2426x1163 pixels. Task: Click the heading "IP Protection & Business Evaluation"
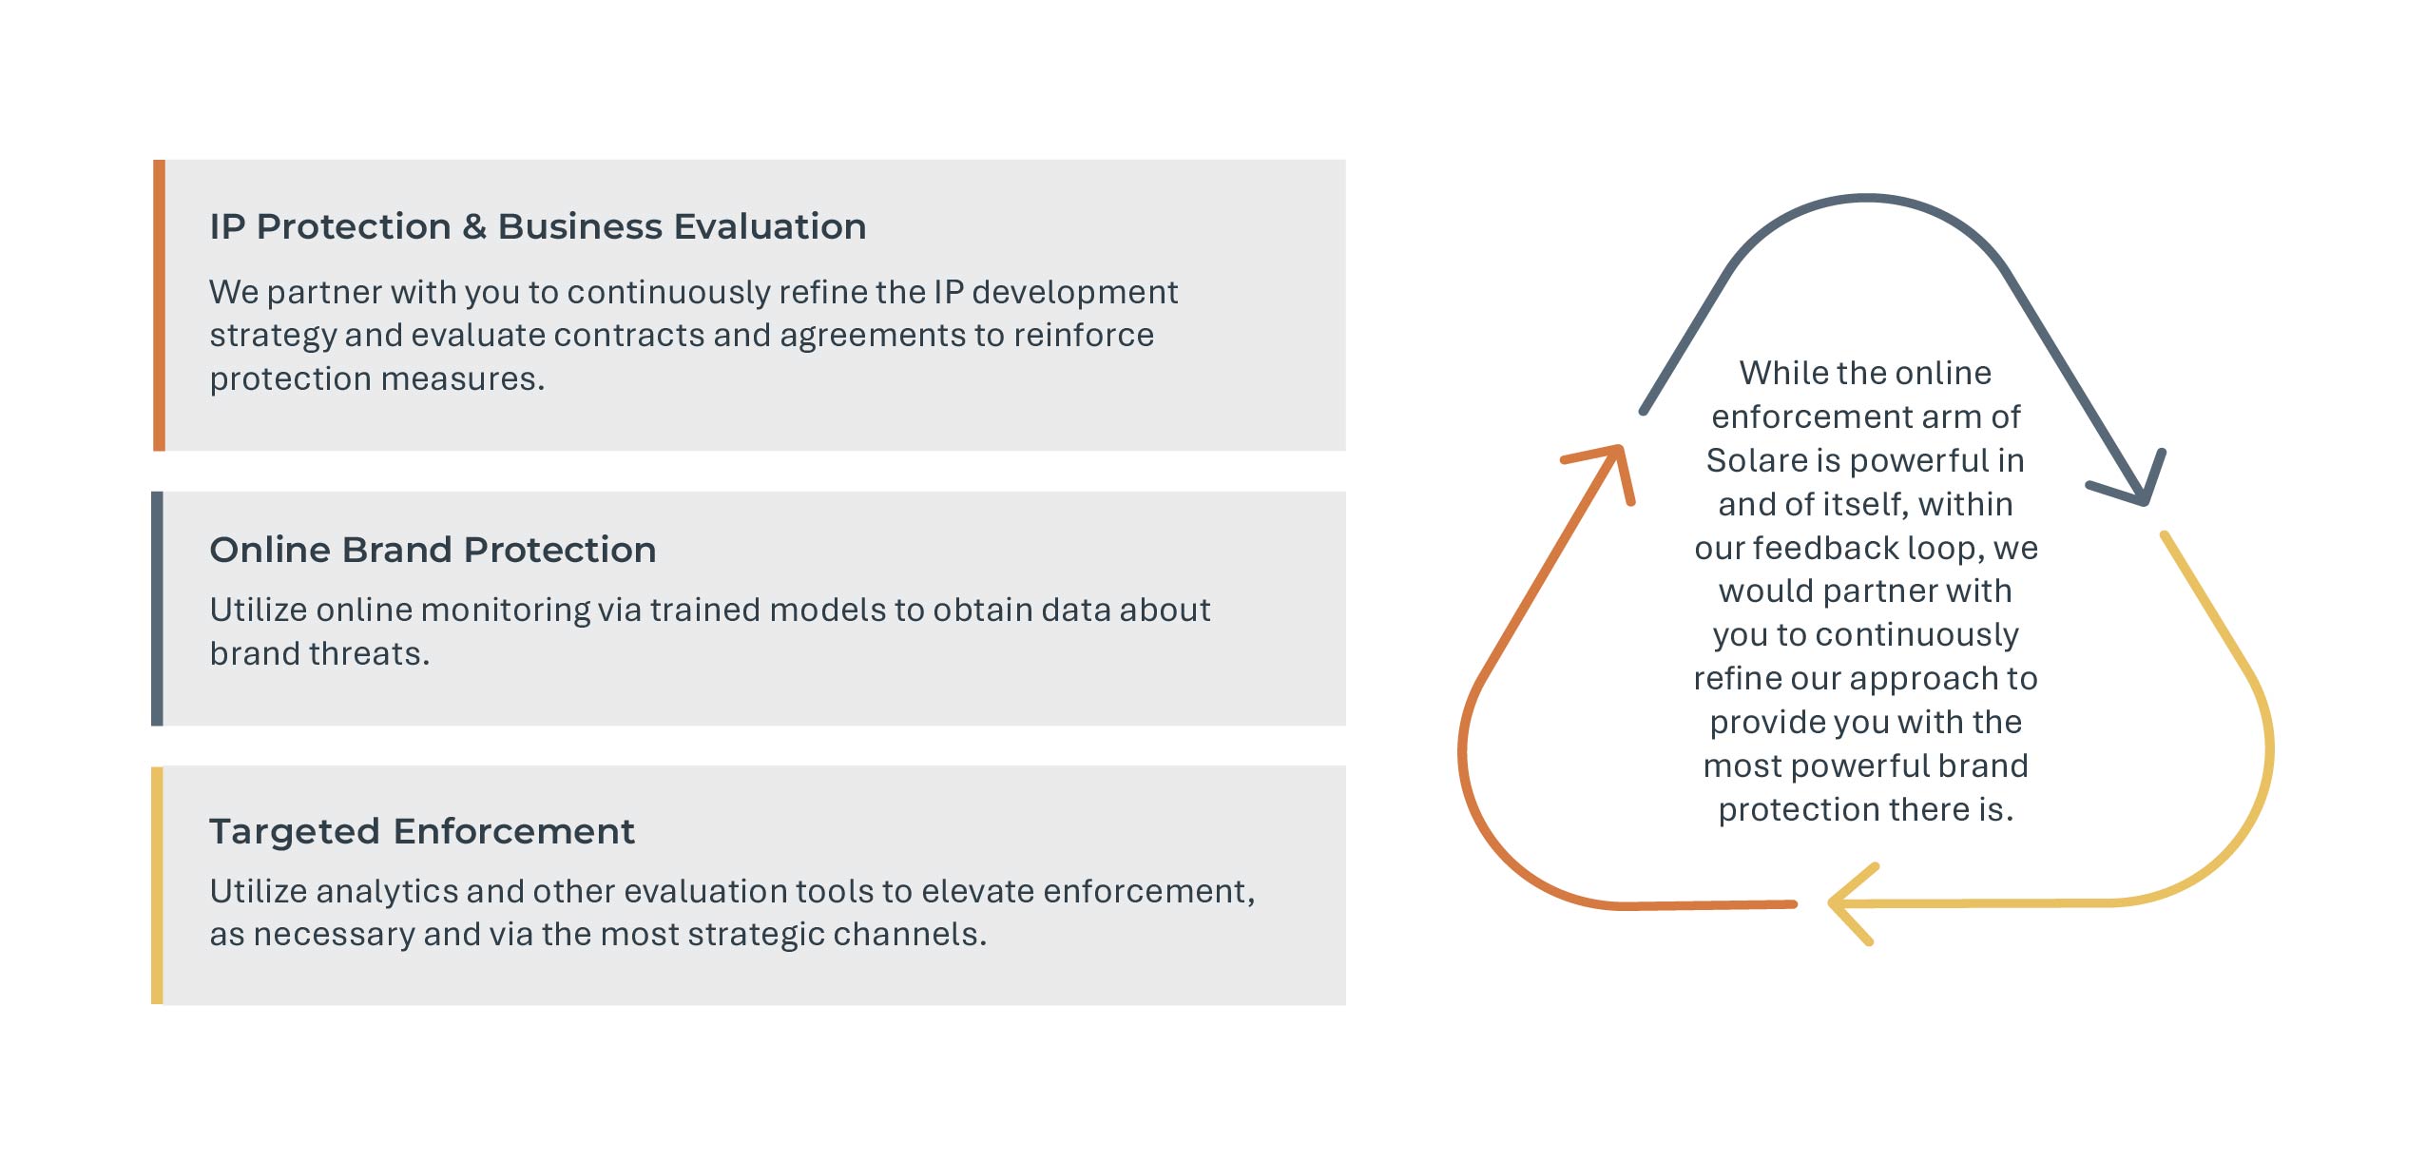click(538, 226)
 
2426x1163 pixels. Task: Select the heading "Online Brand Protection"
click(433, 550)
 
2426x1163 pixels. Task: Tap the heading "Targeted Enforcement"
click(422, 831)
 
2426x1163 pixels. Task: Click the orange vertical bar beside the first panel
click(159, 305)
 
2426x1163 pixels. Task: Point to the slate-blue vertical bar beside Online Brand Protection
click(157, 609)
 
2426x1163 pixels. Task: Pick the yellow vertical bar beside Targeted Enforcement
click(157, 885)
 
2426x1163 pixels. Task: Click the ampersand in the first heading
click(474, 227)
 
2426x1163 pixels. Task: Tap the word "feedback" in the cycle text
click(1825, 548)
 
